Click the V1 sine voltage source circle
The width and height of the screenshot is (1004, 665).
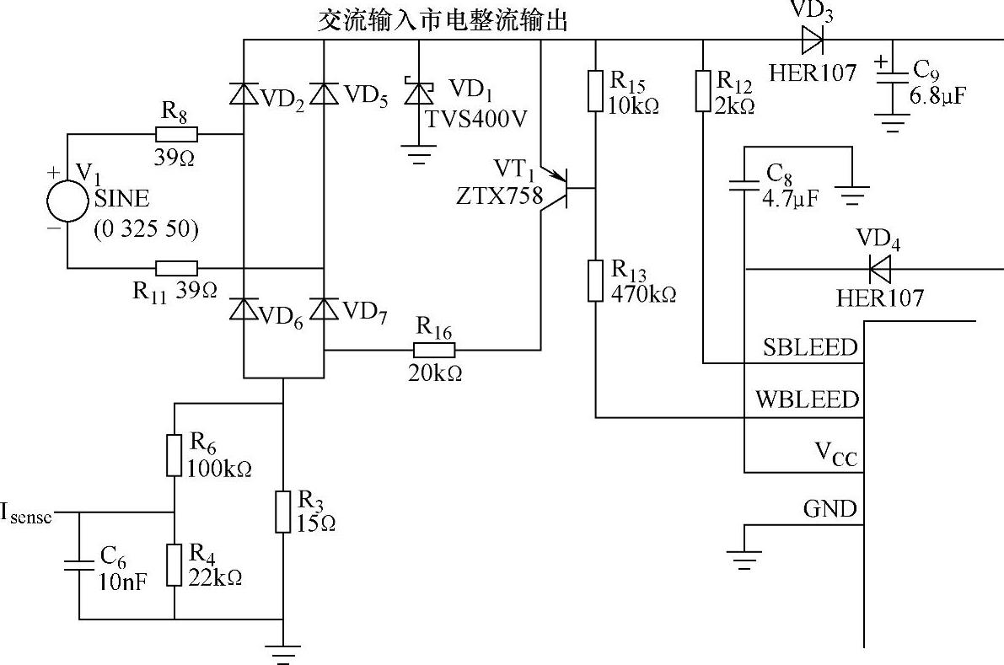coord(67,201)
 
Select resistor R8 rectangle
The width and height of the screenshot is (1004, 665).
coord(176,134)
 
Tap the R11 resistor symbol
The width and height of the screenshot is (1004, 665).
coord(177,268)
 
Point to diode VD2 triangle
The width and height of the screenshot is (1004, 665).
coord(244,94)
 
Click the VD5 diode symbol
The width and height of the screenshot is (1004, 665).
coord(324,94)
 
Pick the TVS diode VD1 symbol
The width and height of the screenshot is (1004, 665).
coord(419,93)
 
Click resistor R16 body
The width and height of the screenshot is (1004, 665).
coord(433,350)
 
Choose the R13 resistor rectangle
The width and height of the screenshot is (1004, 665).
coord(595,280)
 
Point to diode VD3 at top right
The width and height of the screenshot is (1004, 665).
coord(812,40)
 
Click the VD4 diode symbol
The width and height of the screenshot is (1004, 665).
coord(880,269)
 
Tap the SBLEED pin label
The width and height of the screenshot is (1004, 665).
coord(809,347)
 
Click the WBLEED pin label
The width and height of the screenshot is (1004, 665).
coord(807,400)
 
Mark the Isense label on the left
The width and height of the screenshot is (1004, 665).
coord(25,514)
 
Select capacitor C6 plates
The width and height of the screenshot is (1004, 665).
coord(79,565)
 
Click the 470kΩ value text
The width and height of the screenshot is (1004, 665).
coord(643,294)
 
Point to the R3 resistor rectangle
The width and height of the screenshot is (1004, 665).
coord(283,512)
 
